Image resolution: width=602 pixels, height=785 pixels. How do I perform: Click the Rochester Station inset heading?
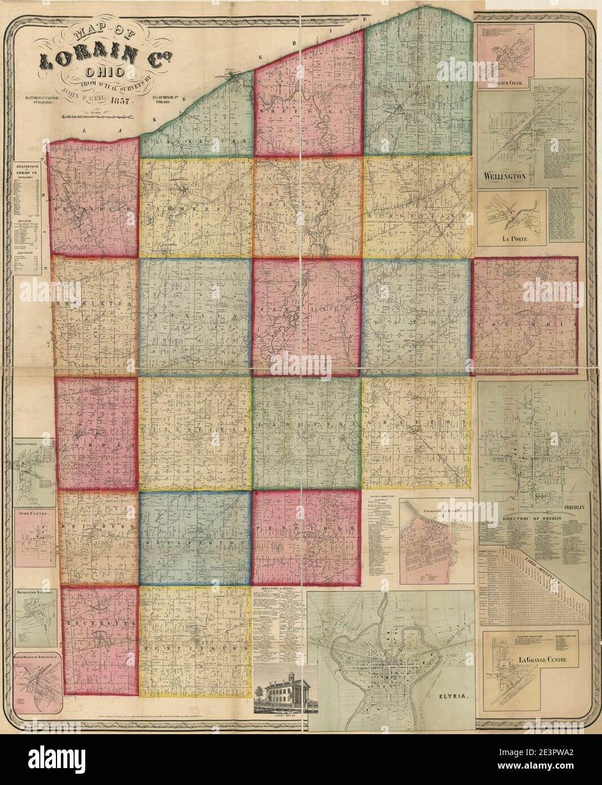click(x=35, y=594)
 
